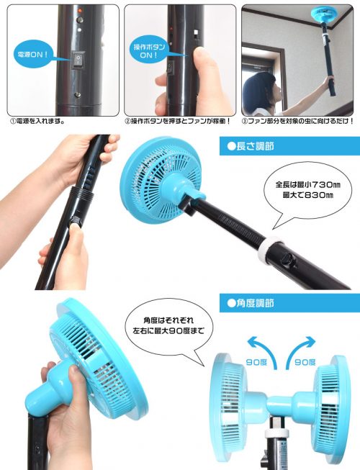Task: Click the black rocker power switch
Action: tap(78, 60)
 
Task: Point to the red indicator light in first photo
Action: tap(80, 11)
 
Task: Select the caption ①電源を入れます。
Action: tap(37, 122)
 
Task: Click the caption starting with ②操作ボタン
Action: tap(178, 122)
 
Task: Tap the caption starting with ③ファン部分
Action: tap(298, 122)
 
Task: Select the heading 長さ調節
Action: tap(251, 146)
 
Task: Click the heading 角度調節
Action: tap(251, 303)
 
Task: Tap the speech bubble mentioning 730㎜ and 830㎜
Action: tap(308, 190)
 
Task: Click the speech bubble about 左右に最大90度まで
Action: tap(168, 326)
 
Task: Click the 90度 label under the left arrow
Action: tap(256, 362)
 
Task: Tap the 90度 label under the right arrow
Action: tap(305, 362)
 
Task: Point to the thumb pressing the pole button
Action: tap(76, 237)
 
